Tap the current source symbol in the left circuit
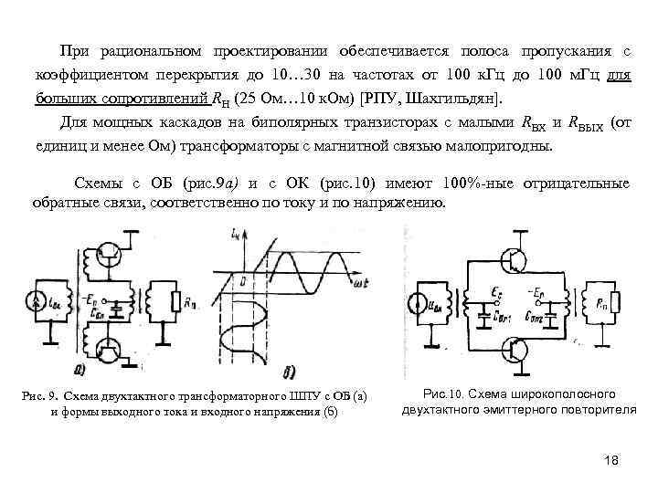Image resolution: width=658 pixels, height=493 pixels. point(37,299)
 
